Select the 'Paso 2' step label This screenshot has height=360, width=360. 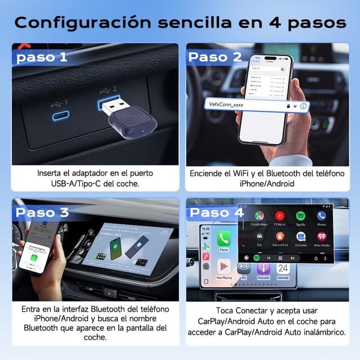click(214, 57)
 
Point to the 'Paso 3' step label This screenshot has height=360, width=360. click(43, 213)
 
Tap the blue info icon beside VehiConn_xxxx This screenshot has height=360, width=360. click(303, 106)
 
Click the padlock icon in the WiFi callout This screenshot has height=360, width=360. click(288, 106)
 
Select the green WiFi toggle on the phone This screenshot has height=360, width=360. click(283, 69)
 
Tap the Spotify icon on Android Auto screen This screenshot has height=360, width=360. click(300, 215)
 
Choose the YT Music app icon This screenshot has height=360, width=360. click(280, 215)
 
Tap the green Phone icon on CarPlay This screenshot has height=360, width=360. click(223, 238)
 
